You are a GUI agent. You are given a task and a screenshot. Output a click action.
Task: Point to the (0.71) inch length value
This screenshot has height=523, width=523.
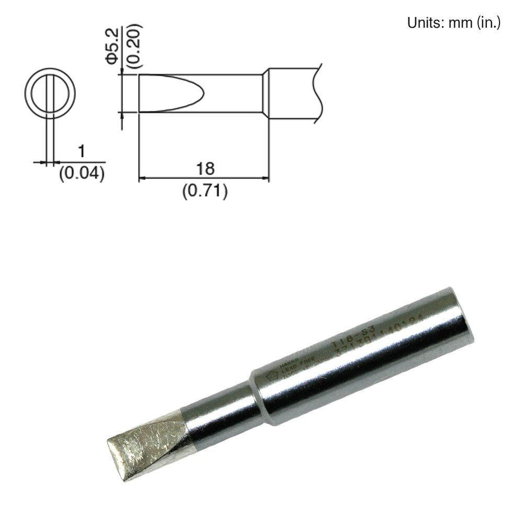(204, 191)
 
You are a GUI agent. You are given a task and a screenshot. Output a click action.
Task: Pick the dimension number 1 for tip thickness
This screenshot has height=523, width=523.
(81, 152)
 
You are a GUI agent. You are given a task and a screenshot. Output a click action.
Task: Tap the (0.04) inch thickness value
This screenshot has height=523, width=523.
(82, 173)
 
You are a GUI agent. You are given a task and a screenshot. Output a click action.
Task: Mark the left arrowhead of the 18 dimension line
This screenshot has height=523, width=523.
(142, 179)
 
